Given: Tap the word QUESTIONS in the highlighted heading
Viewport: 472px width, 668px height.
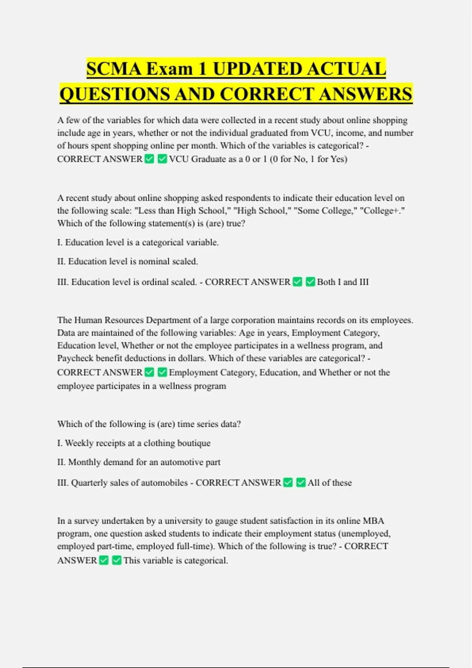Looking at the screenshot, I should [x=114, y=94].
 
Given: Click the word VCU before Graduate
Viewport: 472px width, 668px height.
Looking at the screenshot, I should [x=179, y=159].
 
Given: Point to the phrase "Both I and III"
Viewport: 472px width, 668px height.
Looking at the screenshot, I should [x=343, y=282].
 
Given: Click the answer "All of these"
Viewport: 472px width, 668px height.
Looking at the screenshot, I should [x=330, y=483].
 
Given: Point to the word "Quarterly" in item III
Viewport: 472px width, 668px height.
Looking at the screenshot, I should [x=89, y=483].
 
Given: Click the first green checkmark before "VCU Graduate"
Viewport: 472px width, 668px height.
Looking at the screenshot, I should [x=149, y=159].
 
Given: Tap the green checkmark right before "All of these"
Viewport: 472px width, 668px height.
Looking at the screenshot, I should [x=301, y=483].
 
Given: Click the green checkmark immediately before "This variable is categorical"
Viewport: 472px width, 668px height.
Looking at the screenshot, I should [x=117, y=560].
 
